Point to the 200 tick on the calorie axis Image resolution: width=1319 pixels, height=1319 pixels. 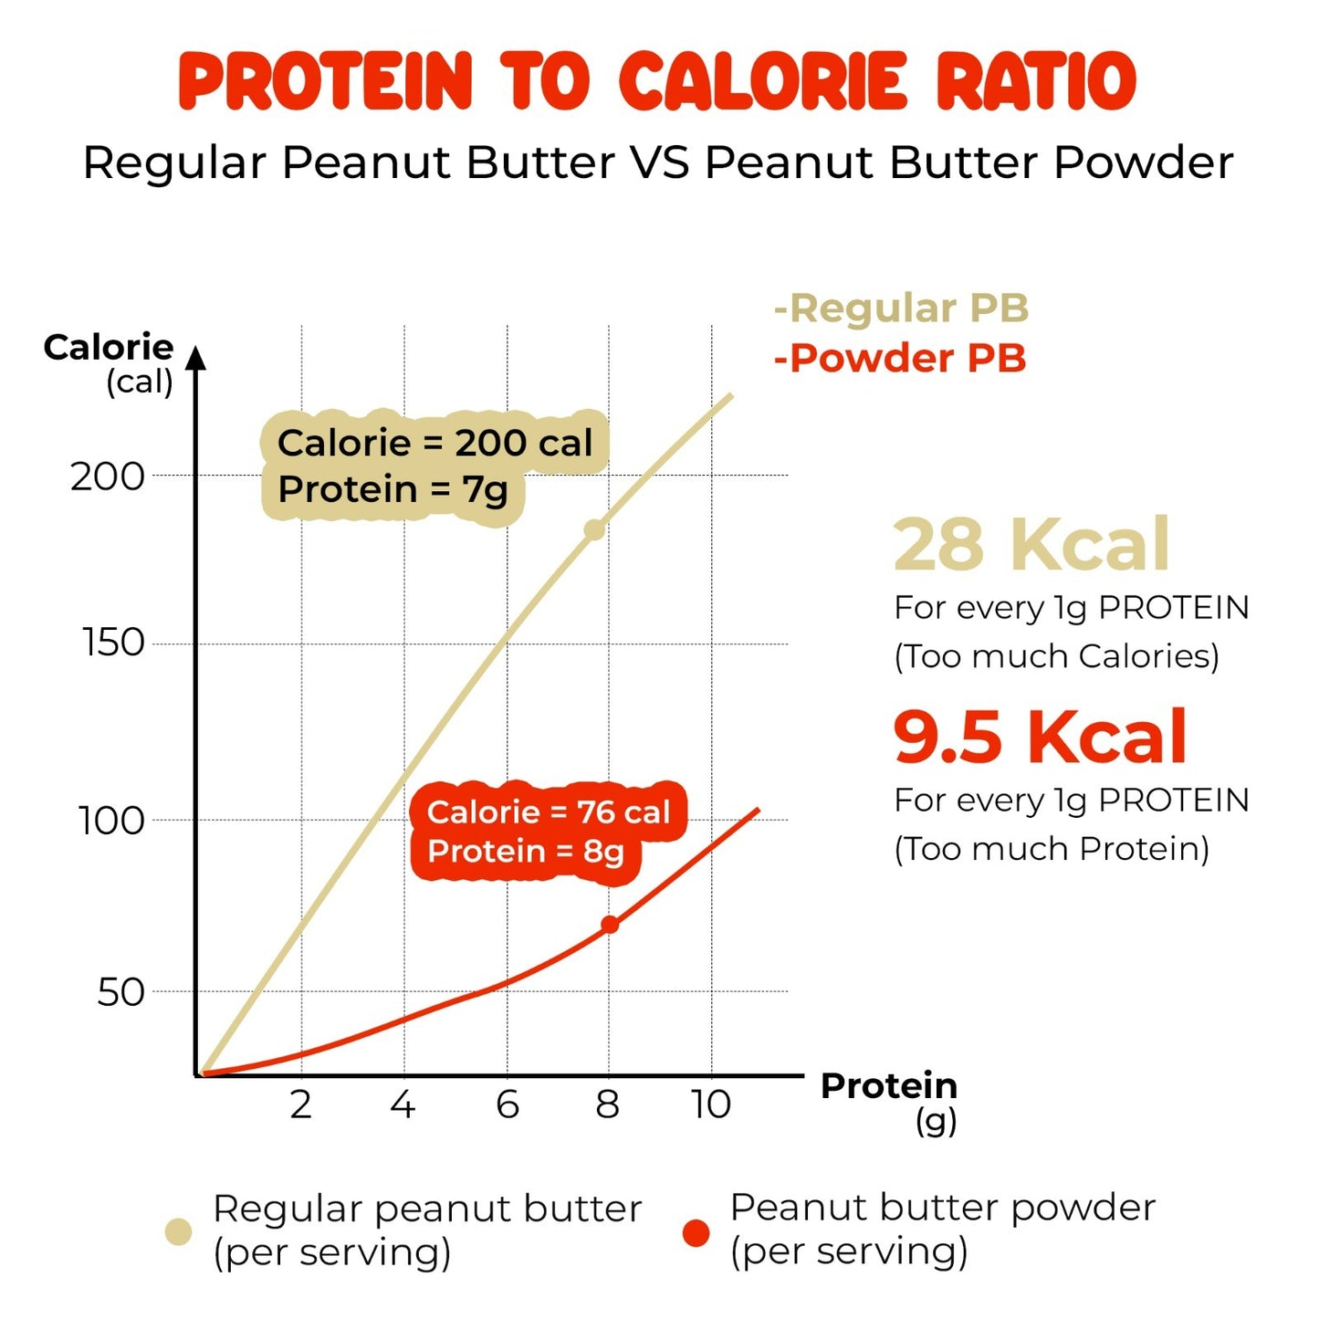click(108, 476)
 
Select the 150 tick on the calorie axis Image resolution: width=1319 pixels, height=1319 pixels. click(113, 644)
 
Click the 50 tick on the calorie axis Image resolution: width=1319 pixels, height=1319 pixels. click(120, 992)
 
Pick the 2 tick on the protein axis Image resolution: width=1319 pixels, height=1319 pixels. click(301, 1104)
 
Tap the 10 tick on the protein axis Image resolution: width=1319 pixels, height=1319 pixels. click(711, 1104)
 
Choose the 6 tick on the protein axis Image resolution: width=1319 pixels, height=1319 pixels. click(508, 1104)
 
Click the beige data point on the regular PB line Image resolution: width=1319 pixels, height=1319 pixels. click(594, 529)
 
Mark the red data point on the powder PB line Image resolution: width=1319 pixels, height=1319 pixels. click(610, 925)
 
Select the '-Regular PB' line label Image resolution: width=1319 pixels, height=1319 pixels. click(901, 309)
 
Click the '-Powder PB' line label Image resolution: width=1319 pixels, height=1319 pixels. click(900, 358)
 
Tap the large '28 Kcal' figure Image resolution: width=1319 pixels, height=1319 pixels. click(1031, 544)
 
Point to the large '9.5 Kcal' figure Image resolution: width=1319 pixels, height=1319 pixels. click(1040, 737)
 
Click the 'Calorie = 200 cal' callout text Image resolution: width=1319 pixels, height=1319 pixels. click(434, 443)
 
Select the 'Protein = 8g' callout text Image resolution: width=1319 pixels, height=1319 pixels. click(526, 852)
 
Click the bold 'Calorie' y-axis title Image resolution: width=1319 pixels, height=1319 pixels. click(109, 347)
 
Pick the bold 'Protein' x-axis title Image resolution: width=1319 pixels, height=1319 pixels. click(888, 1085)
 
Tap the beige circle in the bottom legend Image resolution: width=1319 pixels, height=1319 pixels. click(179, 1231)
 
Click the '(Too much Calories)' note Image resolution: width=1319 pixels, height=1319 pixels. click(1056, 656)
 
